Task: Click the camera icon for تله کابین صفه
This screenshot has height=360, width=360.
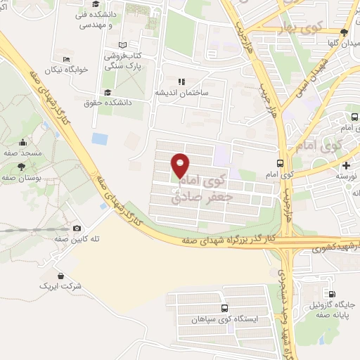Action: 77,227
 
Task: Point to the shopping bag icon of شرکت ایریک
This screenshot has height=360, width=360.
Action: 61,276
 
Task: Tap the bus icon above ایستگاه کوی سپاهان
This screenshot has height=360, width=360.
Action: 224,308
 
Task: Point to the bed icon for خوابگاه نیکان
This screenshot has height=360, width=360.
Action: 67,59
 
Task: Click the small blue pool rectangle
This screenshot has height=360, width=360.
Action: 100,139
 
